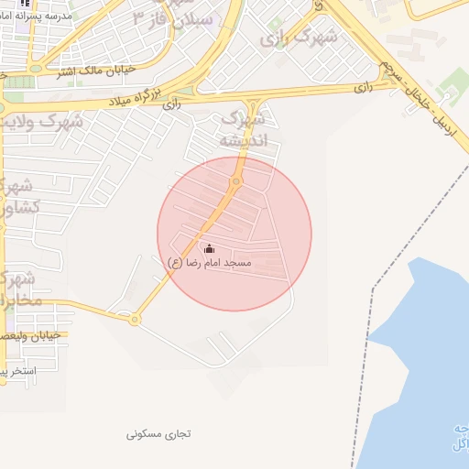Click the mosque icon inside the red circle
point(209,248)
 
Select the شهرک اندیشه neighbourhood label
point(243,129)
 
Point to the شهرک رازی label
point(299,38)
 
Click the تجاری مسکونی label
point(158,432)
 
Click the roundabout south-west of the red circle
point(135,320)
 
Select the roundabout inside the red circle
point(236,182)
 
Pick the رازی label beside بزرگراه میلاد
point(170,105)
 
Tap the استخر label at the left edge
point(18,371)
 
